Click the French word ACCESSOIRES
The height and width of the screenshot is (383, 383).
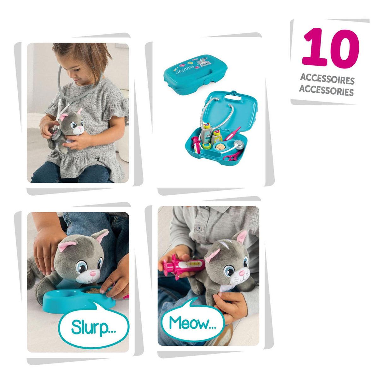327,79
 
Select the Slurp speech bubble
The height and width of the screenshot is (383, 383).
94,327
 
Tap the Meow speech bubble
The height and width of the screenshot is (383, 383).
192,323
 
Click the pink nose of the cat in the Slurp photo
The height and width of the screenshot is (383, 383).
91,273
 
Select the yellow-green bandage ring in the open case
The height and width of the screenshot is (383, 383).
207,146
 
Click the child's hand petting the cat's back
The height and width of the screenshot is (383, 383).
45,249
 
